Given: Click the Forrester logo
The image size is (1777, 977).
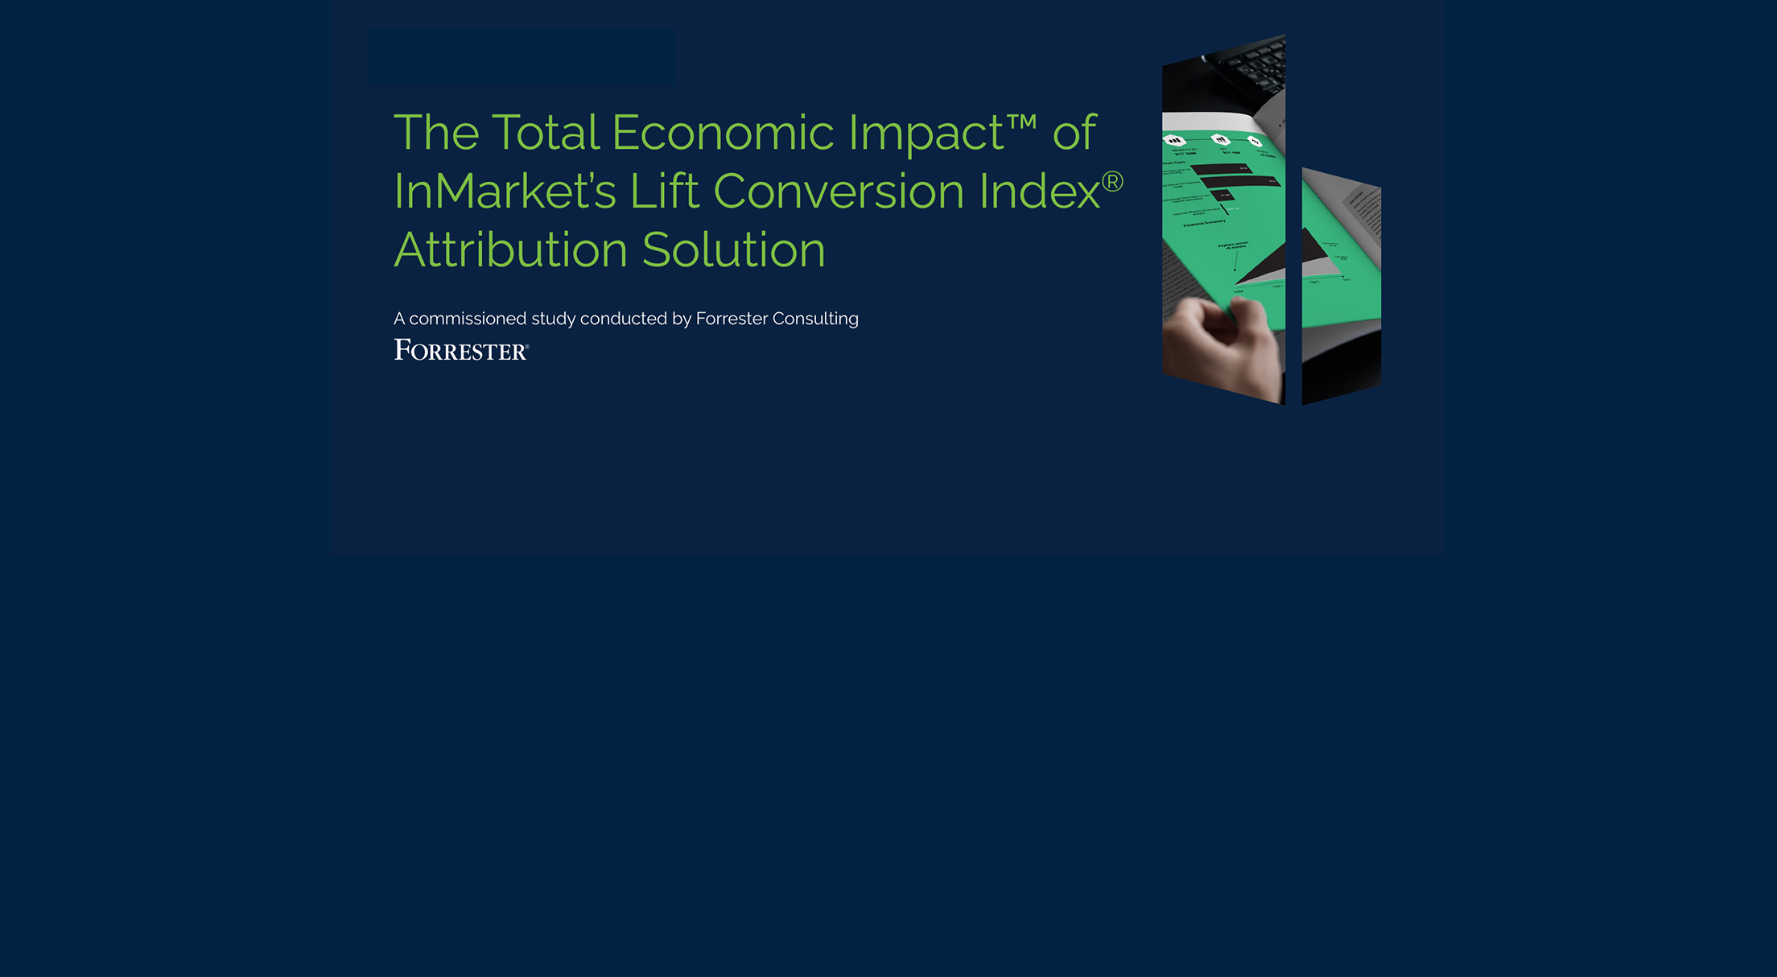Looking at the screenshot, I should [461, 350].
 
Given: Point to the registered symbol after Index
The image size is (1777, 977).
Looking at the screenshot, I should [1112, 182].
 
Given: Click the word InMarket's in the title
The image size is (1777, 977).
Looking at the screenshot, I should [505, 192].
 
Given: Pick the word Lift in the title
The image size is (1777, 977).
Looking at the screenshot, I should [664, 192].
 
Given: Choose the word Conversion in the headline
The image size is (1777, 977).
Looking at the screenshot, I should [838, 192].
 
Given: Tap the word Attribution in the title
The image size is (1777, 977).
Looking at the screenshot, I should [510, 250].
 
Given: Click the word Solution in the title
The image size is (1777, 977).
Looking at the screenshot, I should [733, 250].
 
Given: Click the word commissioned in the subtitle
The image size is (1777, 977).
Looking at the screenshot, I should [468, 319].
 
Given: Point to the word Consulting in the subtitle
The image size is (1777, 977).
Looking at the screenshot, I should [814, 319].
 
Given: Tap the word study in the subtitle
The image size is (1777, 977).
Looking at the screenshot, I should [553, 319].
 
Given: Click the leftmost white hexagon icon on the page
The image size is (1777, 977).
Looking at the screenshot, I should [1176, 140].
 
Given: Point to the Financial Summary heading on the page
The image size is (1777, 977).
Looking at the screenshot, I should [1204, 223].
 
